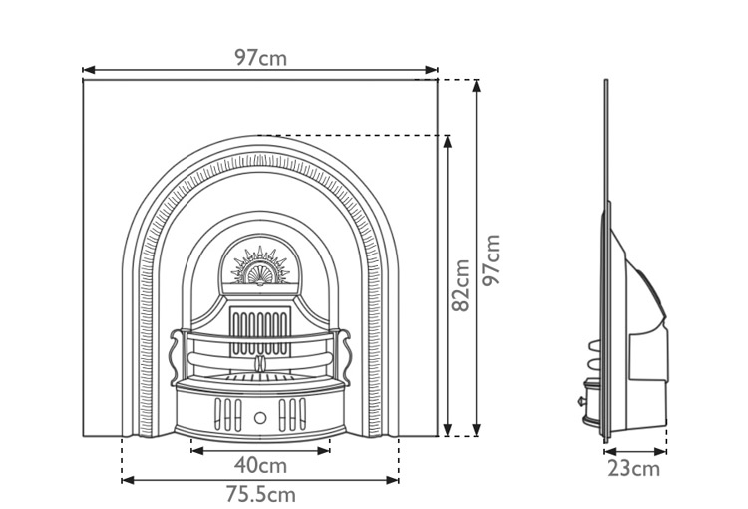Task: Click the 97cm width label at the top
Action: click(260, 57)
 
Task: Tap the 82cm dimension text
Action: click(461, 285)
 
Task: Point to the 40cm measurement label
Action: click(260, 465)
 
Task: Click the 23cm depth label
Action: click(634, 468)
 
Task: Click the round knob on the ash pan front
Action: click(260, 416)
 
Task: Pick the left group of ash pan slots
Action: click(226, 413)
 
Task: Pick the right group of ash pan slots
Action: click(294, 413)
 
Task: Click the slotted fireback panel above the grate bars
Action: click(259, 323)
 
